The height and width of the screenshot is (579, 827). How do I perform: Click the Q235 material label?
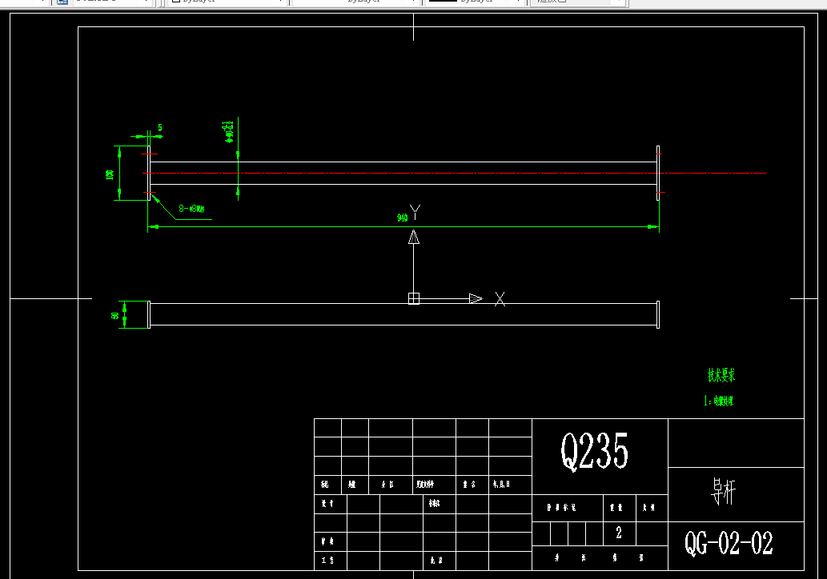tap(594, 451)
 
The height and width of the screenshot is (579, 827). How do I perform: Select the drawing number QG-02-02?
tap(729, 544)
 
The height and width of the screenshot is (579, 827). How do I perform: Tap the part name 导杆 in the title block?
tap(722, 492)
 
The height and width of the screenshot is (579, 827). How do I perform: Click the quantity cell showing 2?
tap(618, 533)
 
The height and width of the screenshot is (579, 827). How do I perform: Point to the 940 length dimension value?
tap(403, 218)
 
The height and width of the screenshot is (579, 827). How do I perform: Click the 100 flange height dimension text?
tap(110, 174)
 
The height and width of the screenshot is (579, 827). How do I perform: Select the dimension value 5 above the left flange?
tap(160, 128)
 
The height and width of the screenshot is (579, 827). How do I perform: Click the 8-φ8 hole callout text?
tap(192, 209)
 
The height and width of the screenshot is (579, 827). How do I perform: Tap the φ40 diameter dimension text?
tap(229, 131)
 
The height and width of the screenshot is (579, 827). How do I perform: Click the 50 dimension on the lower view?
tap(115, 315)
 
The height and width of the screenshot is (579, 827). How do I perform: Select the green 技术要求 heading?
tap(721, 374)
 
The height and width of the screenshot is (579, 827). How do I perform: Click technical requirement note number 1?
tap(718, 401)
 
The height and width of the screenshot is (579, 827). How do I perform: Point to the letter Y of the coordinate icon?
tap(415, 212)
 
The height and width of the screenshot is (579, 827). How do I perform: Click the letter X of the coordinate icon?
tap(500, 299)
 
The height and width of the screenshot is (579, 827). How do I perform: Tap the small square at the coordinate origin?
tap(414, 298)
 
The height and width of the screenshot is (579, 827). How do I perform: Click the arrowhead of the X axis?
tap(476, 298)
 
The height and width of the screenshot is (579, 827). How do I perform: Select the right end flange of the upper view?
tap(658, 173)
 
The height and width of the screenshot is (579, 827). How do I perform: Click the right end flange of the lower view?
tap(658, 314)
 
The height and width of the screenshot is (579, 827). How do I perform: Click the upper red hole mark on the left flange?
tap(149, 154)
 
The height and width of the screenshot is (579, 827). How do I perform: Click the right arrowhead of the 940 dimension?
tap(653, 227)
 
